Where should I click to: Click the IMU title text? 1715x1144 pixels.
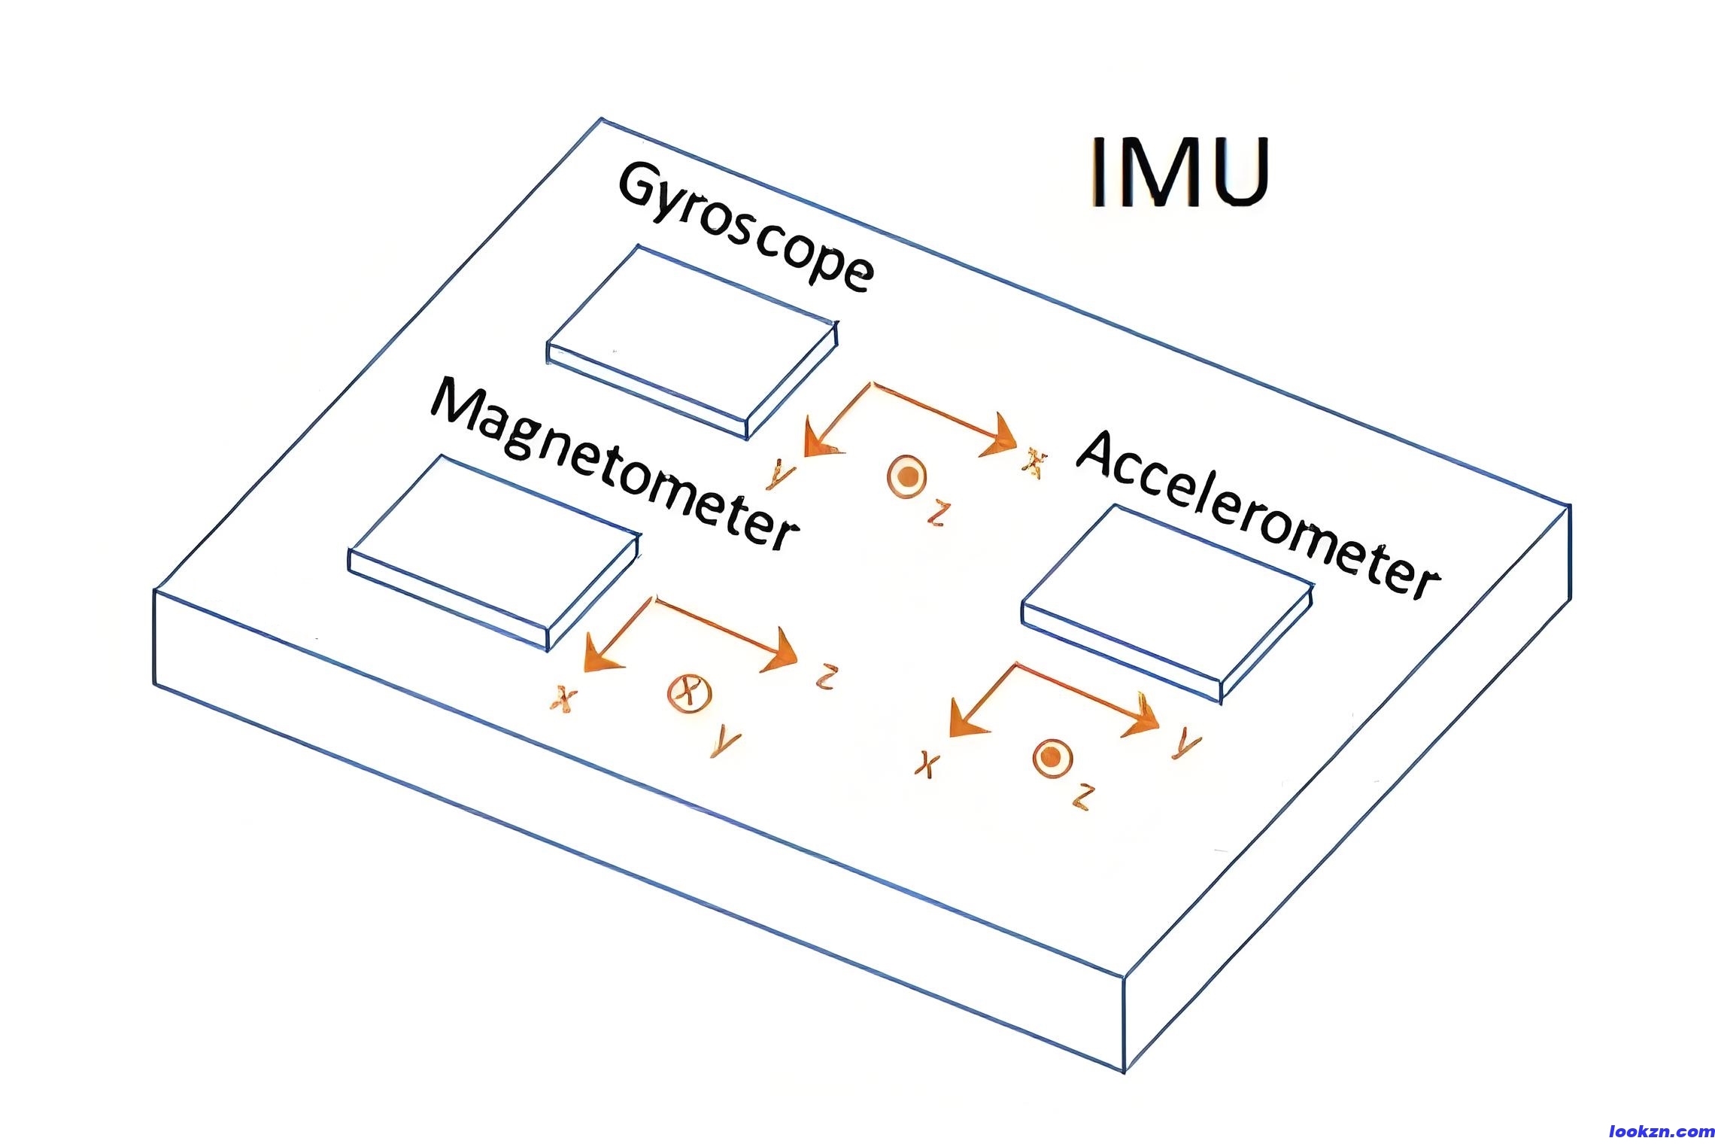[1179, 172]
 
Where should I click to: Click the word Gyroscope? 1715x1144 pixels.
[745, 226]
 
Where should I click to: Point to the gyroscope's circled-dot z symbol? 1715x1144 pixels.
[906, 477]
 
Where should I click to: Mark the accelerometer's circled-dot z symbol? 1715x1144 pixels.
[1048, 759]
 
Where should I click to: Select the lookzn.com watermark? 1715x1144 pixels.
[1661, 1131]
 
